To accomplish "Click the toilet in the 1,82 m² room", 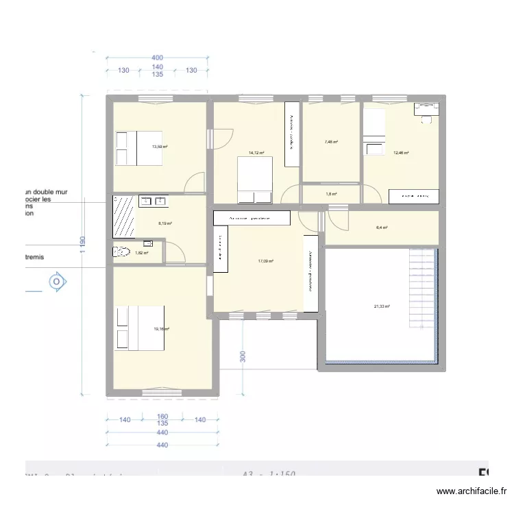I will pos(121,252).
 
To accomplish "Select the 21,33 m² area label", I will pos(381,306).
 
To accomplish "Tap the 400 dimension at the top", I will pos(158,58).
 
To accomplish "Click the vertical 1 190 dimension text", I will pos(82,245).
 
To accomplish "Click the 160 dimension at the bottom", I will pos(162,416).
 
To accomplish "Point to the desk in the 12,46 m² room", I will pos(426,110).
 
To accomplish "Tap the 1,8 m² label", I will pos(331,195).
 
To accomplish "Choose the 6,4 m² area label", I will pos(382,228).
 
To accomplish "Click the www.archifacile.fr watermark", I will pos(472,491).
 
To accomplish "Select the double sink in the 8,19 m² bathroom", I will pos(154,201).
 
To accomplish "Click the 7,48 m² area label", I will pos(331,143).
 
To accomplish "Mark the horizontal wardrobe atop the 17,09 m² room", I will pos(252,218).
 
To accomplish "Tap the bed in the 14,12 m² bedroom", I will pos(256,180).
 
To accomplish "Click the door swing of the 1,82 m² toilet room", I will pos(175,252).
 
